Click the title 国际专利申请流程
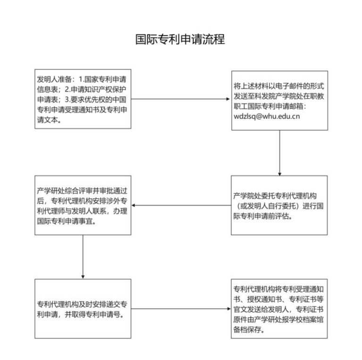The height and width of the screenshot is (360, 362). pos(180,39)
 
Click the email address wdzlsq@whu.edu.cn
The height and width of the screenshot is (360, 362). pos(267,117)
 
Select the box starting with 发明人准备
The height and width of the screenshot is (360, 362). pos(83,99)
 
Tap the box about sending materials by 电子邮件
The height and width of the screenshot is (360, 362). pos(279,100)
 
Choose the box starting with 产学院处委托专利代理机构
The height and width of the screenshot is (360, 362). pos(279,205)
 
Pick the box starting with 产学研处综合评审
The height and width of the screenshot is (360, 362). pos(83,205)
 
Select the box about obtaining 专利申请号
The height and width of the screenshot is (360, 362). pos(83,309)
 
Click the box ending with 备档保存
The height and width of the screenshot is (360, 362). pos(279,309)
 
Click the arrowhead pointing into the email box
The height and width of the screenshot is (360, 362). pos(228,99)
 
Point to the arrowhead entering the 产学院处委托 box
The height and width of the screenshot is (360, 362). pos(279,174)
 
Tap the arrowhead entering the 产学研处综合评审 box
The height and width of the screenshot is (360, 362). pos(134,205)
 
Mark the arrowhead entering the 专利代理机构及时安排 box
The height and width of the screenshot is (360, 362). pos(83,277)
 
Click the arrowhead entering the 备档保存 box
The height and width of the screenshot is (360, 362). pos(228,309)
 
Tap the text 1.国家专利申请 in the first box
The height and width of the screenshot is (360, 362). pos(102,79)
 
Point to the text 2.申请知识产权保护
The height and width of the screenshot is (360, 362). pos(96,89)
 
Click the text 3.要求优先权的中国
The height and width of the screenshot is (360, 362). pos(96,100)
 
